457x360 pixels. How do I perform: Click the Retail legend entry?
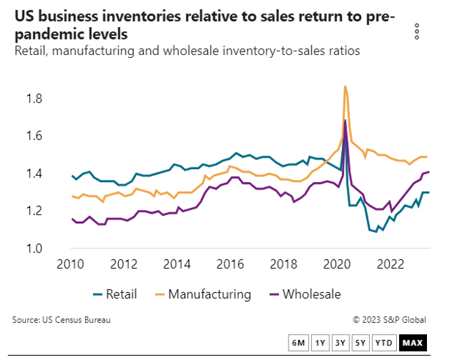click(113, 295)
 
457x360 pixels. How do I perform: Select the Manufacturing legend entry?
click(201, 295)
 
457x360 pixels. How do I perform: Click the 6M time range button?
click(298, 342)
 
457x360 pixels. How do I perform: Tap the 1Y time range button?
click(319, 342)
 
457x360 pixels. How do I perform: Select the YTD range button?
click(383, 342)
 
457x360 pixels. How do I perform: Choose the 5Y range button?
click(360, 342)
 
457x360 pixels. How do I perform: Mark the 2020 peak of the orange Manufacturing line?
click(345, 86)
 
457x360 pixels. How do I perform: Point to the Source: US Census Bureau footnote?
click(62, 319)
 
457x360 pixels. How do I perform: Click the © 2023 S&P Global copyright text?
click(389, 319)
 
